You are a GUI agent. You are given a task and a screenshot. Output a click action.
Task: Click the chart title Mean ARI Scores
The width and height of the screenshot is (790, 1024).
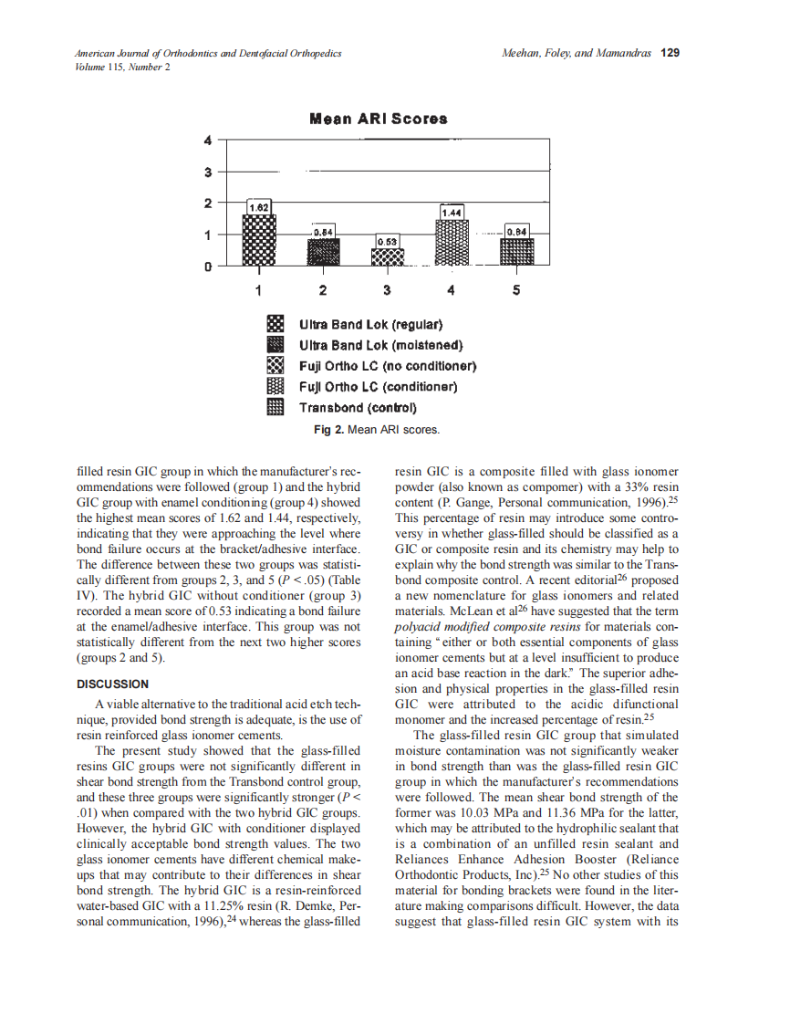(x=379, y=119)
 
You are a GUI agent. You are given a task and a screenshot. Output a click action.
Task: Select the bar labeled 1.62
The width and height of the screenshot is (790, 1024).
(x=258, y=240)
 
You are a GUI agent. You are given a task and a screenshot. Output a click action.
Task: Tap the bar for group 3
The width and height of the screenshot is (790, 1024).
(x=388, y=257)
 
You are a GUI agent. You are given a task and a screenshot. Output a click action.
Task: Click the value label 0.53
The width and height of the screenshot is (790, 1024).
(x=388, y=241)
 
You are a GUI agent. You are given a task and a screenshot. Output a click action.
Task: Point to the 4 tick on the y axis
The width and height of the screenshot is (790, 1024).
(x=208, y=141)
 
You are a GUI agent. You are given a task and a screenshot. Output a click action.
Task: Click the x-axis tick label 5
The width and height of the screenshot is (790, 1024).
(x=516, y=291)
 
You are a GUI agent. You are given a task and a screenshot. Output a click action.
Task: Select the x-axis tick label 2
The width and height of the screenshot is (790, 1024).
(x=323, y=291)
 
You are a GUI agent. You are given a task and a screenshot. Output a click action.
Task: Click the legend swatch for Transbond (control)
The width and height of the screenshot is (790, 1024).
(x=275, y=407)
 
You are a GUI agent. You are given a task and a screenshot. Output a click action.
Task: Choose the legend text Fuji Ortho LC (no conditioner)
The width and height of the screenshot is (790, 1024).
(x=389, y=366)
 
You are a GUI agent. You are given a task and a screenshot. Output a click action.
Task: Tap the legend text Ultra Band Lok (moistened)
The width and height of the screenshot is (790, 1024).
(x=381, y=345)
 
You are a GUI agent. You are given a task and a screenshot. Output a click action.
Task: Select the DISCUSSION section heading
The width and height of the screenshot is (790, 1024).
(x=112, y=684)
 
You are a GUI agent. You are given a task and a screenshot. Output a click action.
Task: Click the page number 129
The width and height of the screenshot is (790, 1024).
(x=670, y=53)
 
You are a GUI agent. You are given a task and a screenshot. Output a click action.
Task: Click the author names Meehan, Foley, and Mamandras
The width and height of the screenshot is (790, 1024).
(x=576, y=53)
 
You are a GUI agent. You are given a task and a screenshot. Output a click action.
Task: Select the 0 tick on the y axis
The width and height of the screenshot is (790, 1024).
(x=208, y=266)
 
